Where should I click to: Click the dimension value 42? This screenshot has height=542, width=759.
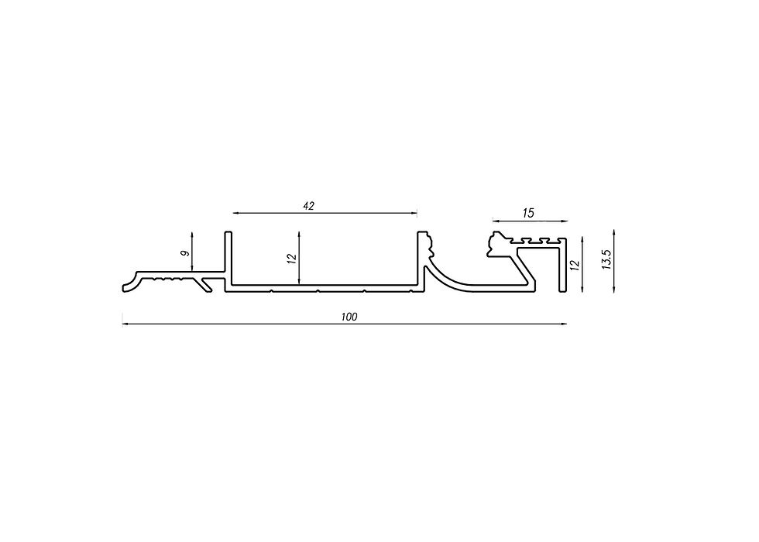[309, 206]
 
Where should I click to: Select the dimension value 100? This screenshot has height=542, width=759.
[349, 317]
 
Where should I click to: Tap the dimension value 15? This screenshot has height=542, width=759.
[528, 213]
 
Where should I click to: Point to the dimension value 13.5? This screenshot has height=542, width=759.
[607, 259]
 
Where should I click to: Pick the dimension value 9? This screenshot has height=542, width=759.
[184, 254]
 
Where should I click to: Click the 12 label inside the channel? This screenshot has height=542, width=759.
[291, 259]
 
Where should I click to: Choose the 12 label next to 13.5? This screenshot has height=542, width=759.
[575, 265]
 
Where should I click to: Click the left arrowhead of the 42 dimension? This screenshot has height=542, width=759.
[235, 213]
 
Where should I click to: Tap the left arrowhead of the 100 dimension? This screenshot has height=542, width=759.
[125, 324]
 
